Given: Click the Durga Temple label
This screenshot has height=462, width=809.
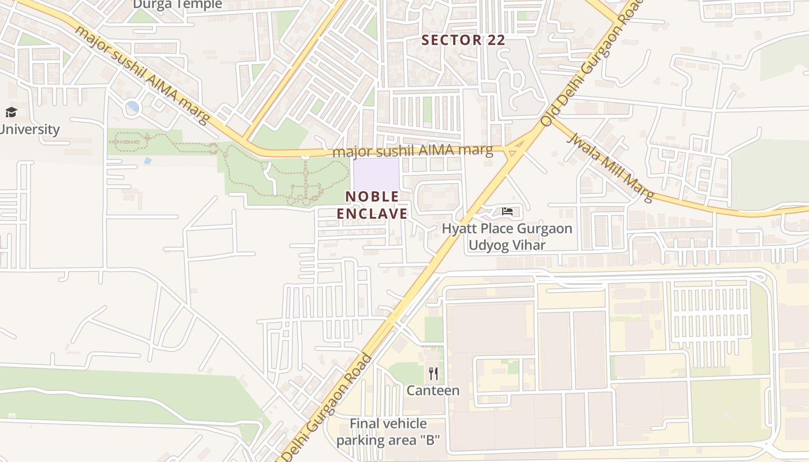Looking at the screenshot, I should [x=177, y=5].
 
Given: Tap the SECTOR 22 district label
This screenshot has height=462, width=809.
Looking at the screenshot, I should [x=463, y=40].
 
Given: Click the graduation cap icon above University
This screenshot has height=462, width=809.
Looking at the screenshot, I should [x=11, y=112].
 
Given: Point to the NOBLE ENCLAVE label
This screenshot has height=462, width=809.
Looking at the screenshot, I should [x=372, y=205].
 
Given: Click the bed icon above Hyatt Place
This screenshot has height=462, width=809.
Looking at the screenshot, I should [x=507, y=211].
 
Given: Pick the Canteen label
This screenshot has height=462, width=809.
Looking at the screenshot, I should [x=433, y=390].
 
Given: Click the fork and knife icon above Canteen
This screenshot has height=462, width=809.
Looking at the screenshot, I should [x=433, y=374].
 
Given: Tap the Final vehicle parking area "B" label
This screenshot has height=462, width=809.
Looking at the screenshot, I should [x=388, y=432].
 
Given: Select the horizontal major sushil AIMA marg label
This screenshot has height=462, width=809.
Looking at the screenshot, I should [x=413, y=152].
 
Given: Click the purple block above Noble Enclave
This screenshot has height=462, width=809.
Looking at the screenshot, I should [x=376, y=173].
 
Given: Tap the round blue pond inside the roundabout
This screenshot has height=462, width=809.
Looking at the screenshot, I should [x=132, y=107].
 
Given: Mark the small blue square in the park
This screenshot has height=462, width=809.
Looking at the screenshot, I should [x=148, y=160].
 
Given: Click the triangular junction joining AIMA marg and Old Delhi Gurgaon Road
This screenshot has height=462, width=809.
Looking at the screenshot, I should [x=511, y=151].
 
